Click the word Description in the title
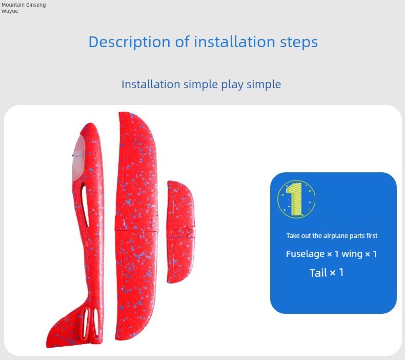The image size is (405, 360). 129,42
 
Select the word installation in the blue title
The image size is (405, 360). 234,42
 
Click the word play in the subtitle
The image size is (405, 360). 232,85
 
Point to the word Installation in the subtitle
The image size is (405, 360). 151,84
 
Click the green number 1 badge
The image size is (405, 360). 296,199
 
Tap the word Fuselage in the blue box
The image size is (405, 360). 305,254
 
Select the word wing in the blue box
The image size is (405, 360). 353,254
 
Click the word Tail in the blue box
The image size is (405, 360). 318,273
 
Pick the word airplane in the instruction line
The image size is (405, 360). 333,236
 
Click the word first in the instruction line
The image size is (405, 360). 372,235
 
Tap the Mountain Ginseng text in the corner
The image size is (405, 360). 24,5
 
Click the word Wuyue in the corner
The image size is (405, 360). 10,11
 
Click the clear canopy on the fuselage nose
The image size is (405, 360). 79,158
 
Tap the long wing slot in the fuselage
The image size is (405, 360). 85,204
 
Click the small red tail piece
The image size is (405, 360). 180,231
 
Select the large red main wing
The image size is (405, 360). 136,226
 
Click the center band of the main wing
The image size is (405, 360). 136,223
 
